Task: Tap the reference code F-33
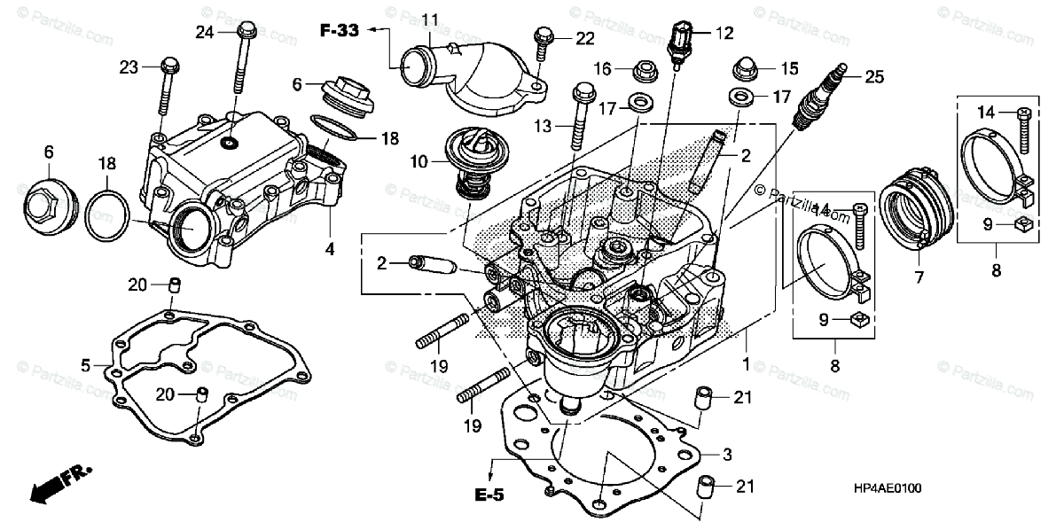coord(340,30)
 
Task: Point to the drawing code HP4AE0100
coord(886,488)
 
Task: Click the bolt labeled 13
coord(582,115)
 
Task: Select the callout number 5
coord(86,364)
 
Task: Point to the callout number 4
coord(330,250)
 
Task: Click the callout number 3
coord(727,455)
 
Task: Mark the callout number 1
coord(746,363)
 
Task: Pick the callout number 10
coord(419,162)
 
